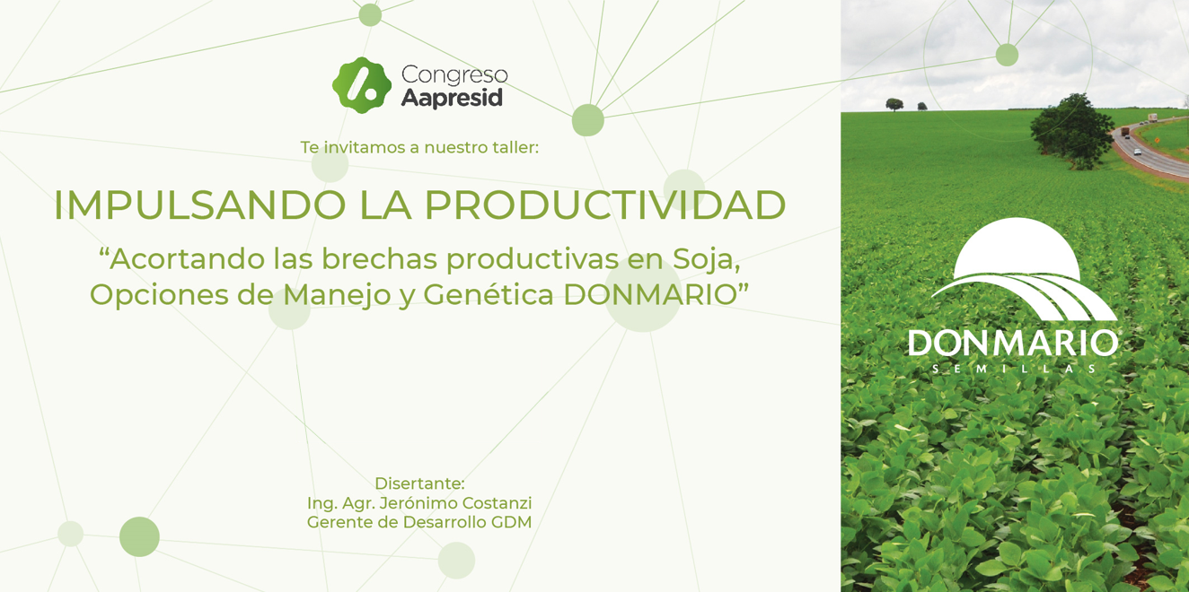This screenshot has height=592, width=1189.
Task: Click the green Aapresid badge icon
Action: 362,85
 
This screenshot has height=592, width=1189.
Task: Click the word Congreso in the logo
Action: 454,75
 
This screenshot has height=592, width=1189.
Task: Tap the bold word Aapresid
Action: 452,98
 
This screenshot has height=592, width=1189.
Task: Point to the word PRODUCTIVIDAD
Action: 605,205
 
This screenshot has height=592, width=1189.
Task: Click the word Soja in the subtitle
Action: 706,260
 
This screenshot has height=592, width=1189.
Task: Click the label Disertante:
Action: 420,483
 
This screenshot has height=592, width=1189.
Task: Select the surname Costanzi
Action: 497,503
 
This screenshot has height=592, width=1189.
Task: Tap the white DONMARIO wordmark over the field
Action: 1013,343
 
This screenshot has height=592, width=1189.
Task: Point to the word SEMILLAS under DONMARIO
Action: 1014,369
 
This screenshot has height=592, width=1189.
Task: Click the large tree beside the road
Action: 1071,132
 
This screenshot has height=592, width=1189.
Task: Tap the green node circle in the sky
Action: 1007,55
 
